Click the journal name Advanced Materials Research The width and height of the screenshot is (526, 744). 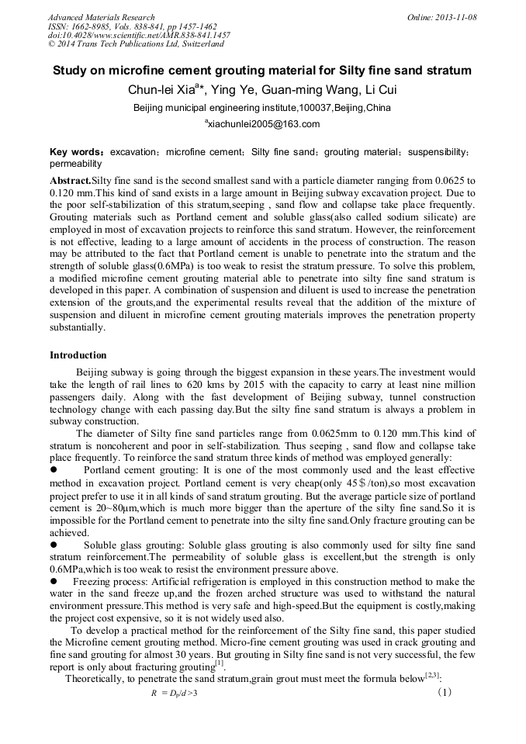point(101,17)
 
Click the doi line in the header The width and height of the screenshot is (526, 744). point(139,36)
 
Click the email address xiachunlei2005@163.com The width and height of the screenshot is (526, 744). point(263,124)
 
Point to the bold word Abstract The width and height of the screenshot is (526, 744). point(70,180)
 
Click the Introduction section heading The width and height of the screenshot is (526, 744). point(78,355)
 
